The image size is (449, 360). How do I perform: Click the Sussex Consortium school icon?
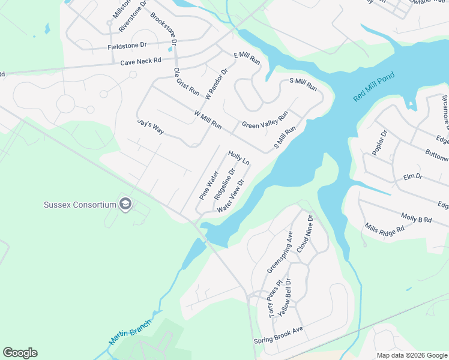pos(125,204)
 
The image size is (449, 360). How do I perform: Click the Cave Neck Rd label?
pos(141,61)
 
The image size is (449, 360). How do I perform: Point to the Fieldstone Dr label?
pos(127,46)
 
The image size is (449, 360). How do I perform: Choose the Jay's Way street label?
pos(150,127)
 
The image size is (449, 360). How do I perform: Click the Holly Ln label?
pos(238,158)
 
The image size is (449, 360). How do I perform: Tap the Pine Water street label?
pos(209,185)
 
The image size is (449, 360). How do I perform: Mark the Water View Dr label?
pos(232,196)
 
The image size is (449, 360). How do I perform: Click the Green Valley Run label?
pos(265,120)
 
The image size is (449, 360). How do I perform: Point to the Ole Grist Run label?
pos(186,82)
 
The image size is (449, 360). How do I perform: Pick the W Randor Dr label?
pos(217,84)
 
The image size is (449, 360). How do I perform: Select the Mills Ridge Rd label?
pos(384,227)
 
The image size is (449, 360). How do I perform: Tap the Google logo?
pos(20,353)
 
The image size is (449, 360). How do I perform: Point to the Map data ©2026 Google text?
pos(411,355)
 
